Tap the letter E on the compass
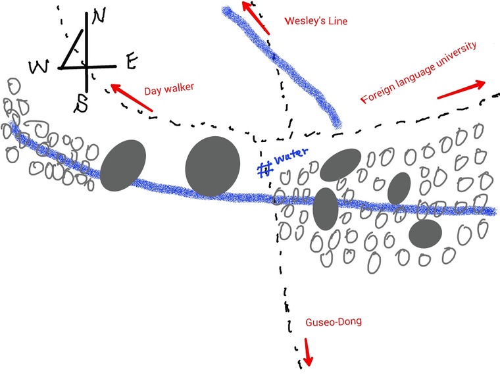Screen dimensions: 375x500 click(x=131, y=63)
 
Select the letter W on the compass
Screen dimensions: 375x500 click(x=39, y=66)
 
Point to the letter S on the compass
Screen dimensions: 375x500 click(x=82, y=103)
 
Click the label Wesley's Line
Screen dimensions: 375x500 click(x=315, y=21)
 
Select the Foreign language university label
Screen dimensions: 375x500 click(x=418, y=72)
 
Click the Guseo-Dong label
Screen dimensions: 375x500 click(x=334, y=322)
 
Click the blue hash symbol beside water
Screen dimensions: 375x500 click(x=265, y=169)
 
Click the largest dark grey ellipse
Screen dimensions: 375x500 click(x=213, y=166)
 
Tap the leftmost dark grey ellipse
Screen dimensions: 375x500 click(x=123, y=165)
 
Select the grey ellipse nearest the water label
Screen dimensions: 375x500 click(x=340, y=164)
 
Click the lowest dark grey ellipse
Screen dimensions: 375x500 click(x=424, y=234)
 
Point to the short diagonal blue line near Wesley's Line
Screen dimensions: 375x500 click(x=283, y=66)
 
